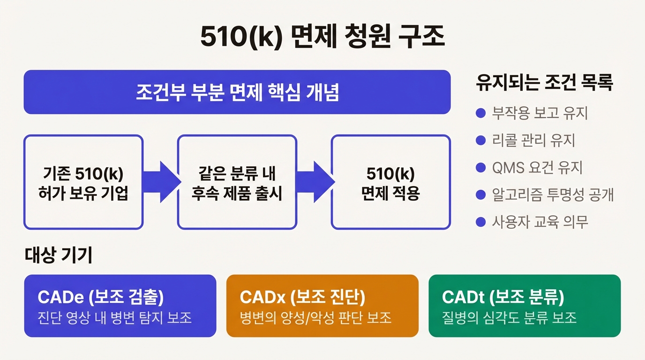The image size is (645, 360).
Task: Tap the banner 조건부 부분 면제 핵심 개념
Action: pyautogui.click(x=237, y=92)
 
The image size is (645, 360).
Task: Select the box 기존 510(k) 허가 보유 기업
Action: pyautogui.click(x=83, y=182)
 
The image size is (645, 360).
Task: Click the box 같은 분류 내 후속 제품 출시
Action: pyautogui.click(x=237, y=182)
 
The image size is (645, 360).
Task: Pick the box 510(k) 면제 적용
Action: pyautogui.click(x=390, y=182)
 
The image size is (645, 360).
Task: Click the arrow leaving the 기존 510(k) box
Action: pyautogui.click(x=160, y=182)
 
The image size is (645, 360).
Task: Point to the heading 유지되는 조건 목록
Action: pyautogui.click(x=544, y=83)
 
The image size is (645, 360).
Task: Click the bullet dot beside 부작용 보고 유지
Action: pyautogui.click(x=480, y=113)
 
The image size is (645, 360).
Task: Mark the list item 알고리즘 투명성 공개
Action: pyautogui.click(x=553, y=195)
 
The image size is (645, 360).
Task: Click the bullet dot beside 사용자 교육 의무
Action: pyautogui.click(x=480, y=222)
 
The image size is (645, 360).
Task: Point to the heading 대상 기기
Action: pyautogui.click(x=58, y=255)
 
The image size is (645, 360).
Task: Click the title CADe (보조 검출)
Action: pyautogui.click(x=100, y=297)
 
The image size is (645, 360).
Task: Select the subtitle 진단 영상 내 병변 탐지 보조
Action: pyautogui.click(x=114, y=317)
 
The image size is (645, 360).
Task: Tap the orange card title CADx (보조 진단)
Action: pyautogui.click(x=302, y=297)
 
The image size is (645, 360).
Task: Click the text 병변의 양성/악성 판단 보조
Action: pyautogui.click(x=315, y=317)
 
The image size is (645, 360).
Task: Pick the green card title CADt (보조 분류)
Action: pyautogui.click(x=503, y=297)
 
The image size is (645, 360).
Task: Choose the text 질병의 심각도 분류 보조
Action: pyautogui.click(x=509, y=317)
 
